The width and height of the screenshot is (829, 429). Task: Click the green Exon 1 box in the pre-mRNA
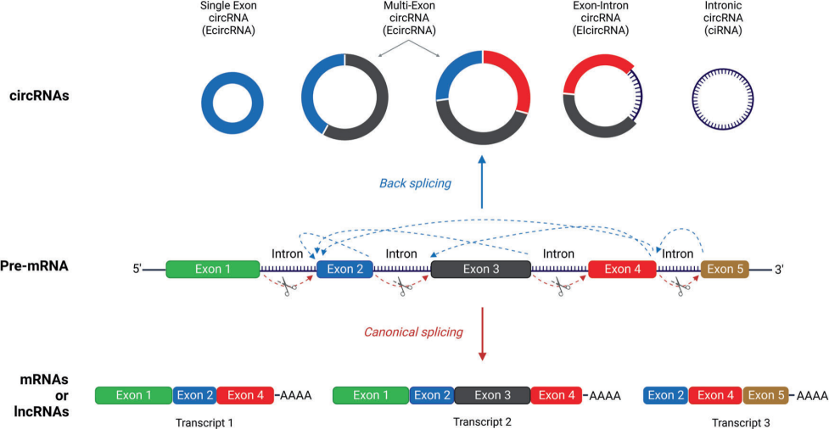tap(212, 270)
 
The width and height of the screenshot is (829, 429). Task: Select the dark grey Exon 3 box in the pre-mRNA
tap(481, 270)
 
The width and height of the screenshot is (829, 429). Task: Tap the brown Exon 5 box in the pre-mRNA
tap(724, 270)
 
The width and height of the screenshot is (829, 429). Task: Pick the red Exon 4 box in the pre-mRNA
tap(622, 270)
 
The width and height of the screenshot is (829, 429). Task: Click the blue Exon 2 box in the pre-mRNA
tap(344, 270)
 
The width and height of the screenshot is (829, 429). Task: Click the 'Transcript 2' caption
tap(478, 421)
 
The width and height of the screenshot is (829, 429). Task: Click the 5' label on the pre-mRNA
tap(137, 270)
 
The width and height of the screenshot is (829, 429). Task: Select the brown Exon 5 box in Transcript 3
tap(766, 395)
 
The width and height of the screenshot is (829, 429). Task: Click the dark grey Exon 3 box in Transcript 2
tap(492, 395)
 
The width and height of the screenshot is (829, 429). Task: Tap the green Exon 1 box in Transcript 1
tap(133, 395)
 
